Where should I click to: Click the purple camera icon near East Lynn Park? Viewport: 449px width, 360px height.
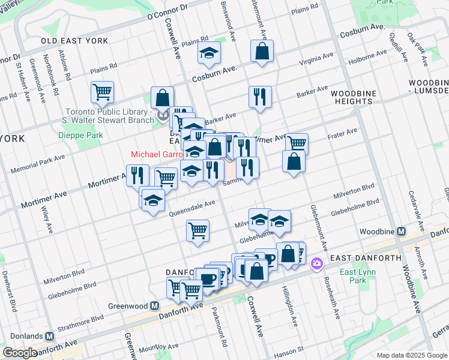pyautogui.click(x=316, y=263)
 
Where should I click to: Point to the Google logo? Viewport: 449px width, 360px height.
pyautogui.click(x=20, y=353)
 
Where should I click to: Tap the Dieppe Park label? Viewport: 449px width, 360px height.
pyautogui.click(x=81, y=135)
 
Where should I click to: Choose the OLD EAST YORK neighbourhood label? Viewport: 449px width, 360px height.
pyautogui.click(x=75, y=41)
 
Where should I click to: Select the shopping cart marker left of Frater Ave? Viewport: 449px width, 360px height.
pyautogui.click(x=296, y=142)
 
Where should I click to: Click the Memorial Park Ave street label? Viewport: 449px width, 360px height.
pyautogui.click(x=43, y=162)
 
